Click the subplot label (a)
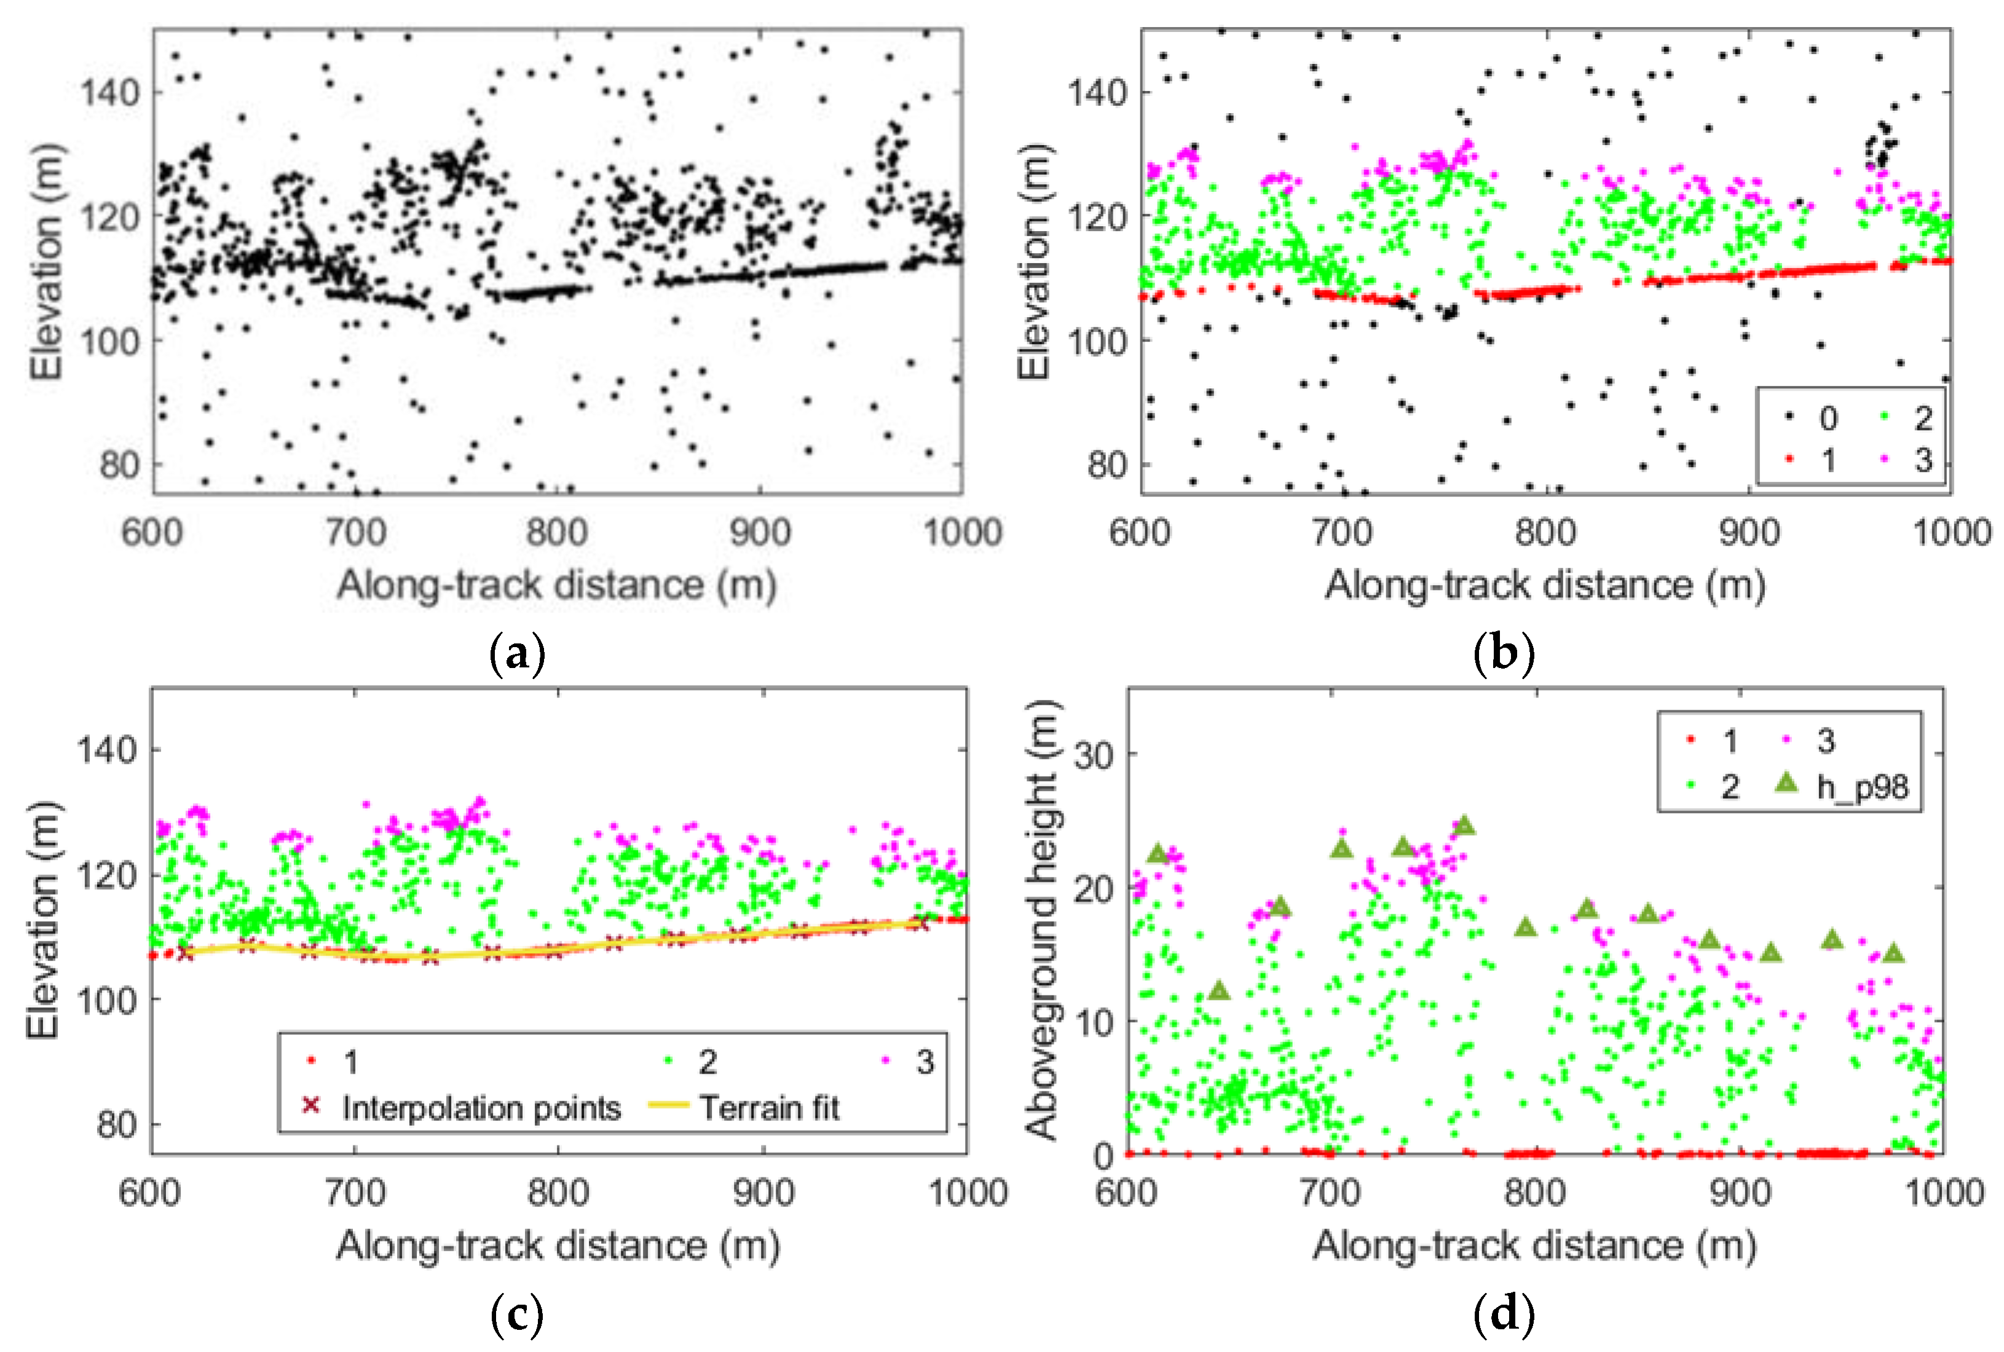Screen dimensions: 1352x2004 click(518, 655)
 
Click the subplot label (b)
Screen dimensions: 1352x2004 click(1505, 655)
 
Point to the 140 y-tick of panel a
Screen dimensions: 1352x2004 click(109, 92)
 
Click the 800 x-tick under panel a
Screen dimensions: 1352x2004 click(557, 533)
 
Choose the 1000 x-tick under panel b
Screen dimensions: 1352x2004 click(1951, 533)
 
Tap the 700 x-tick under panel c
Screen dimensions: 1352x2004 click(355, 1193)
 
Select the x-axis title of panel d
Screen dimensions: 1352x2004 click(1535, 1246)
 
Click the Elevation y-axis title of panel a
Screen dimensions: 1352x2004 click(47, 261)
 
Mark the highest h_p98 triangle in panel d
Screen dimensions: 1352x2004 click(1463, 826)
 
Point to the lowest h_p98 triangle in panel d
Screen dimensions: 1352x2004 click(1218, 991)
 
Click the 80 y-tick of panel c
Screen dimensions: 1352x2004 click(116, 1125)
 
